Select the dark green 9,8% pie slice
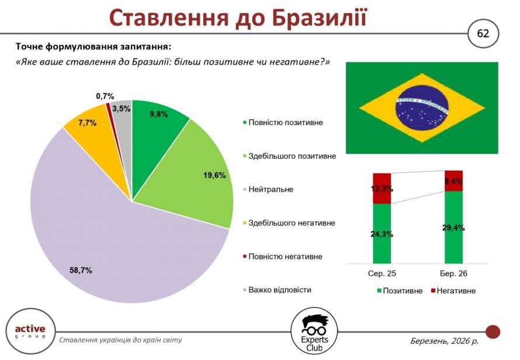(x=157, y=123)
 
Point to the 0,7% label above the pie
(x=105, y=96)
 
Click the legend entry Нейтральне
(x=271, y=189)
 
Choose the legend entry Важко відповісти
(x=279, y=290)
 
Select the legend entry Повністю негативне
(x=285, y=256)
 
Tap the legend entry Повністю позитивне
(x=285, y=122)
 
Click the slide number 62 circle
(x=483, y=33)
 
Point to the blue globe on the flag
(x=422, y=107)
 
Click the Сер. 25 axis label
(x=382, y=273)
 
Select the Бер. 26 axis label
(x=453, y=273)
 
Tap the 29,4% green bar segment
(x=453, y=228)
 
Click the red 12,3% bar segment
(x=382, y=188)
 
